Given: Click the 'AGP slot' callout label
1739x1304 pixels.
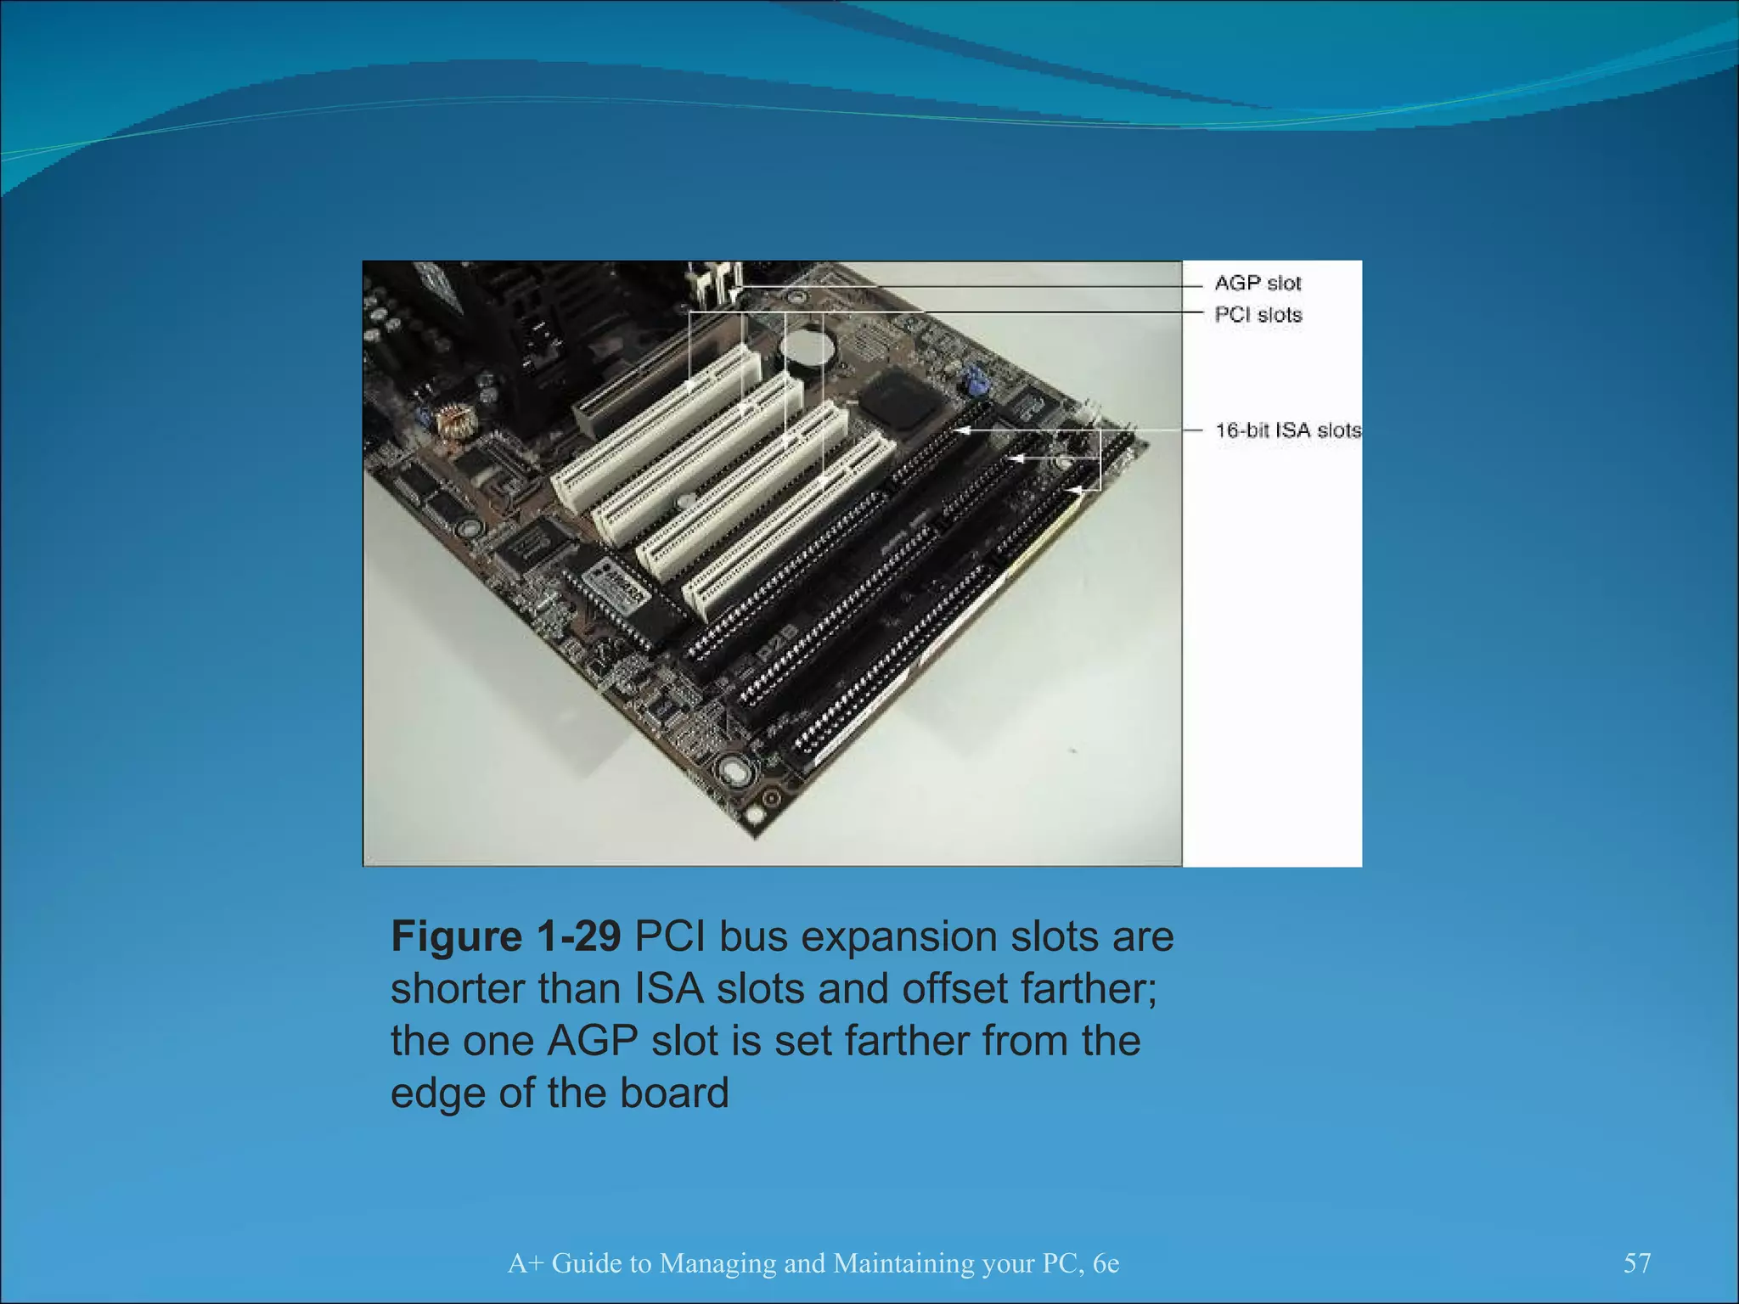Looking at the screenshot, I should [x=1257, y=283].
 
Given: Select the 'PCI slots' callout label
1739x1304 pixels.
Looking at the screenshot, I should [x=1258, y=315].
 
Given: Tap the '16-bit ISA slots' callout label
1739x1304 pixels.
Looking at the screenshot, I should [x=1287, y=430].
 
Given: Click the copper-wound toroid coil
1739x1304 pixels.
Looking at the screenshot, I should [x=455, y=422].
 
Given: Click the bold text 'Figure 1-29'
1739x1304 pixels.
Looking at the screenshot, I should [x=505, y=937].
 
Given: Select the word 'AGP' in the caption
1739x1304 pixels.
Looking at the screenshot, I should [x=592, y=1042].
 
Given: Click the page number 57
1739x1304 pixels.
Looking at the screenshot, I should [x=1637, y=1263].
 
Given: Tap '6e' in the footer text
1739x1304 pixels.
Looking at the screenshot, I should [x=1106, y=1263].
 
